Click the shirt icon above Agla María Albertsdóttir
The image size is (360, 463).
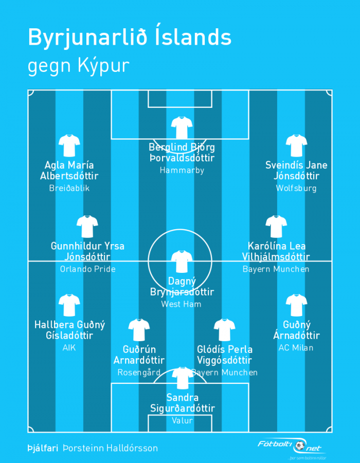point(69,145)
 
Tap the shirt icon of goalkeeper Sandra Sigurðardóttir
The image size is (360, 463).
point(183,378)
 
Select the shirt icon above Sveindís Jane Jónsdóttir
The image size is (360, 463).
point(296,145)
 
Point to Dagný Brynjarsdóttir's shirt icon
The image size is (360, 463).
point(182,262)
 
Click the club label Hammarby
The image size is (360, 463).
point(182,171)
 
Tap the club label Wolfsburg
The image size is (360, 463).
point(296,189)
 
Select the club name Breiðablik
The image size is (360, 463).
point(69,189)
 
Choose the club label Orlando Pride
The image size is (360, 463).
point(87,269)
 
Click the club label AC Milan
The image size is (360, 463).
point(296,348)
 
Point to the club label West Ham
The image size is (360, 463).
point(181,304)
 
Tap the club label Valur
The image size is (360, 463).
point(183,420)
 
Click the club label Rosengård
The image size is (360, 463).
point(139,373)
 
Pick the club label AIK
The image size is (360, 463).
point(69,348)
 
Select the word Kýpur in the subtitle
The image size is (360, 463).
point(104,65)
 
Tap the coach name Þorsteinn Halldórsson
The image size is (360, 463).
point(110,448)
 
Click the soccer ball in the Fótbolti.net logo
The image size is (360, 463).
point(300,446)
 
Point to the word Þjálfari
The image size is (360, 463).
point(43,448)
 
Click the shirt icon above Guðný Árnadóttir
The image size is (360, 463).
point(296,305)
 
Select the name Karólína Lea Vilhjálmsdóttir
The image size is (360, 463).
point(276,251)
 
